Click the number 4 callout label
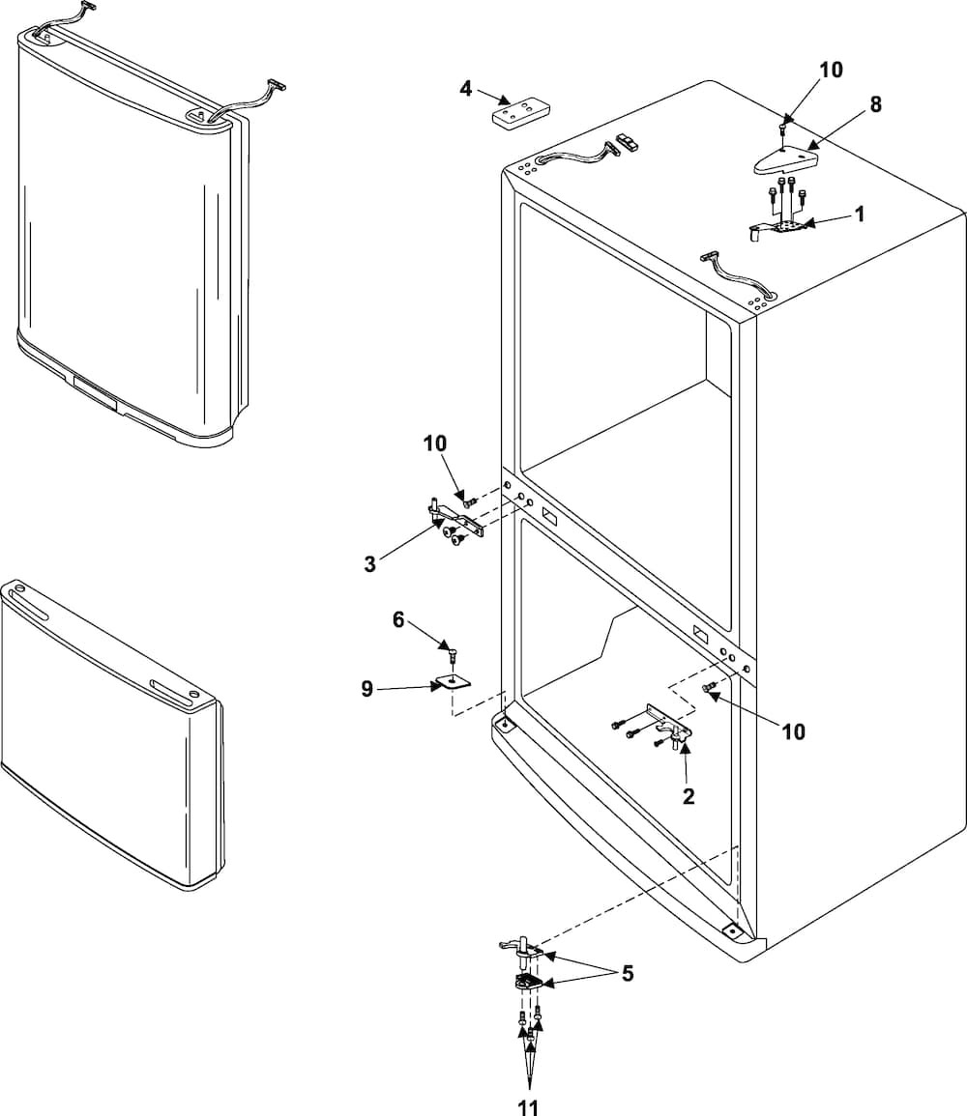pos(466,89)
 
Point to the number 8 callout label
pos(875,104)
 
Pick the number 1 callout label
pos(859,215)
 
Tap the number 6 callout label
pos(398,619)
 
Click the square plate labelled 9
pos(452,682)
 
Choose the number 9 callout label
pos(366,689)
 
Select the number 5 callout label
pos(628,973)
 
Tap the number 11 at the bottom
pos(528,1107)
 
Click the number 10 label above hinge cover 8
pos(831,70)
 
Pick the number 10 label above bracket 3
pos(434,444)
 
